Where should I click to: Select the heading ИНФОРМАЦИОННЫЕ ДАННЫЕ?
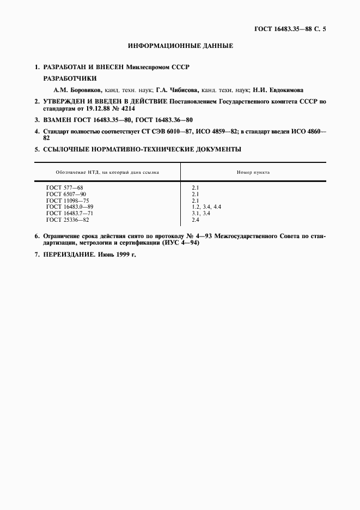tap(180, 46)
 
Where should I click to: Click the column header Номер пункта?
tap(253, 172)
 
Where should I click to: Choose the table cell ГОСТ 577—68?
tap(65, 187)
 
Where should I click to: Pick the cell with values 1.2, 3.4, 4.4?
tap(206, 207)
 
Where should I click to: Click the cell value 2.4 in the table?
tap(196, 220)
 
